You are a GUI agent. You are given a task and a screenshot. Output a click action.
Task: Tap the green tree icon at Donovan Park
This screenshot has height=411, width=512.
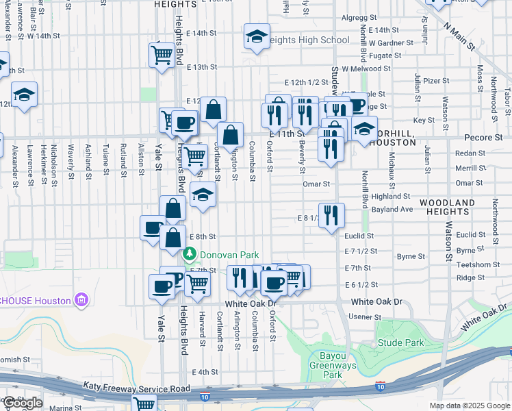(x=190, y=254)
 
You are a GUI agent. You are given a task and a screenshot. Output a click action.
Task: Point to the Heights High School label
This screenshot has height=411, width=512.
(x=306, y=40)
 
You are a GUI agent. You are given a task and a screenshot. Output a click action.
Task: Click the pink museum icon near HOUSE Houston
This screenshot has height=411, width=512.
(x=81, y=299)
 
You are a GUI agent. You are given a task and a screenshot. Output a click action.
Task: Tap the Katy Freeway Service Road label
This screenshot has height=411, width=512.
(x=136, y=388)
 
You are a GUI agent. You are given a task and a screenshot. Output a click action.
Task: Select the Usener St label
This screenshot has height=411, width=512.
(x=364, y=317)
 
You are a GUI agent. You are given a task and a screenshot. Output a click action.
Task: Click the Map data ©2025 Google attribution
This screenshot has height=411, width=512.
(x=469, y=406)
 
